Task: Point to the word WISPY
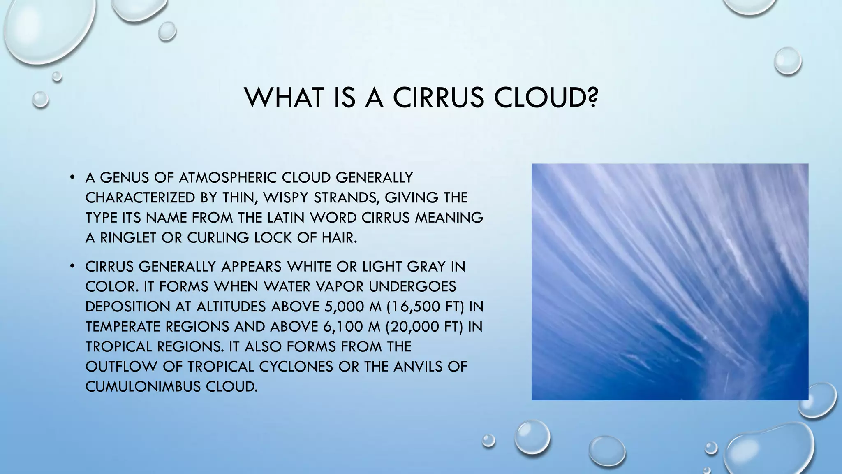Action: pyautogui.click(x=286, y=198)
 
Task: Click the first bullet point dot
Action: pyautogui.click(x=72, y=178)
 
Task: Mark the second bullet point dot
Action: pyautogui.click(x=72, y=267)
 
